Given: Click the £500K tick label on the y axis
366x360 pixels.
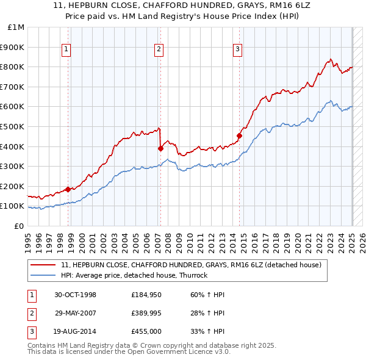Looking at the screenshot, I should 13,126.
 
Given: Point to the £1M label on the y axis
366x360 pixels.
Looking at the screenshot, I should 16,27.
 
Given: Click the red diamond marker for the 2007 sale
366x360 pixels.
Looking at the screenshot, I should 160,148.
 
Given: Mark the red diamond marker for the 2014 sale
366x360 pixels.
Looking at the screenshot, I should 239,135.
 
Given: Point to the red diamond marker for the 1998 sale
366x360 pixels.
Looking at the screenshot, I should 68,189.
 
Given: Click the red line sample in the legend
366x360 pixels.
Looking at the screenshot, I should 44,265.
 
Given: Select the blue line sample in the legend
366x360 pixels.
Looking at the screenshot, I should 44,275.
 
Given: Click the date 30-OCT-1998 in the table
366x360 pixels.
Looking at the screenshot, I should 76,295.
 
